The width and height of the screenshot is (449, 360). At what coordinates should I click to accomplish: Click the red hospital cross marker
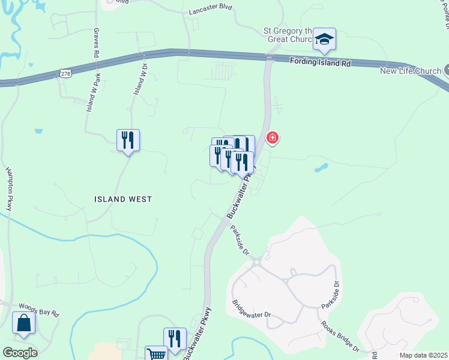click(x=272, y=139)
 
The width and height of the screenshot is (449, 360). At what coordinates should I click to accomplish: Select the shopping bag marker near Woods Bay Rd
click(x=23, y=323)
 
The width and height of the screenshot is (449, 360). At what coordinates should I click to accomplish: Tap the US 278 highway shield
click(x=65, y=73)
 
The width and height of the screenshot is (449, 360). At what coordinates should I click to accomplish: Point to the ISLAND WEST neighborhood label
click(x=122, y=199)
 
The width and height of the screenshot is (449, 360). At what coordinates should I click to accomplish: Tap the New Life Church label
click(x=411, y=71)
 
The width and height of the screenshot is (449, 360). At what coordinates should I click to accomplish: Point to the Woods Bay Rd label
click(x=39, y=310)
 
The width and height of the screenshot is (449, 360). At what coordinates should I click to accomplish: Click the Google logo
click(x=19, y=352)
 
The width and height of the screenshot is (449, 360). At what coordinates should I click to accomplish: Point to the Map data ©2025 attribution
click(x=423, y=355)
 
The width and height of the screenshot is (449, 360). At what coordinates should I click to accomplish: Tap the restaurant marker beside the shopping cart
click(x=175, y=338)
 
